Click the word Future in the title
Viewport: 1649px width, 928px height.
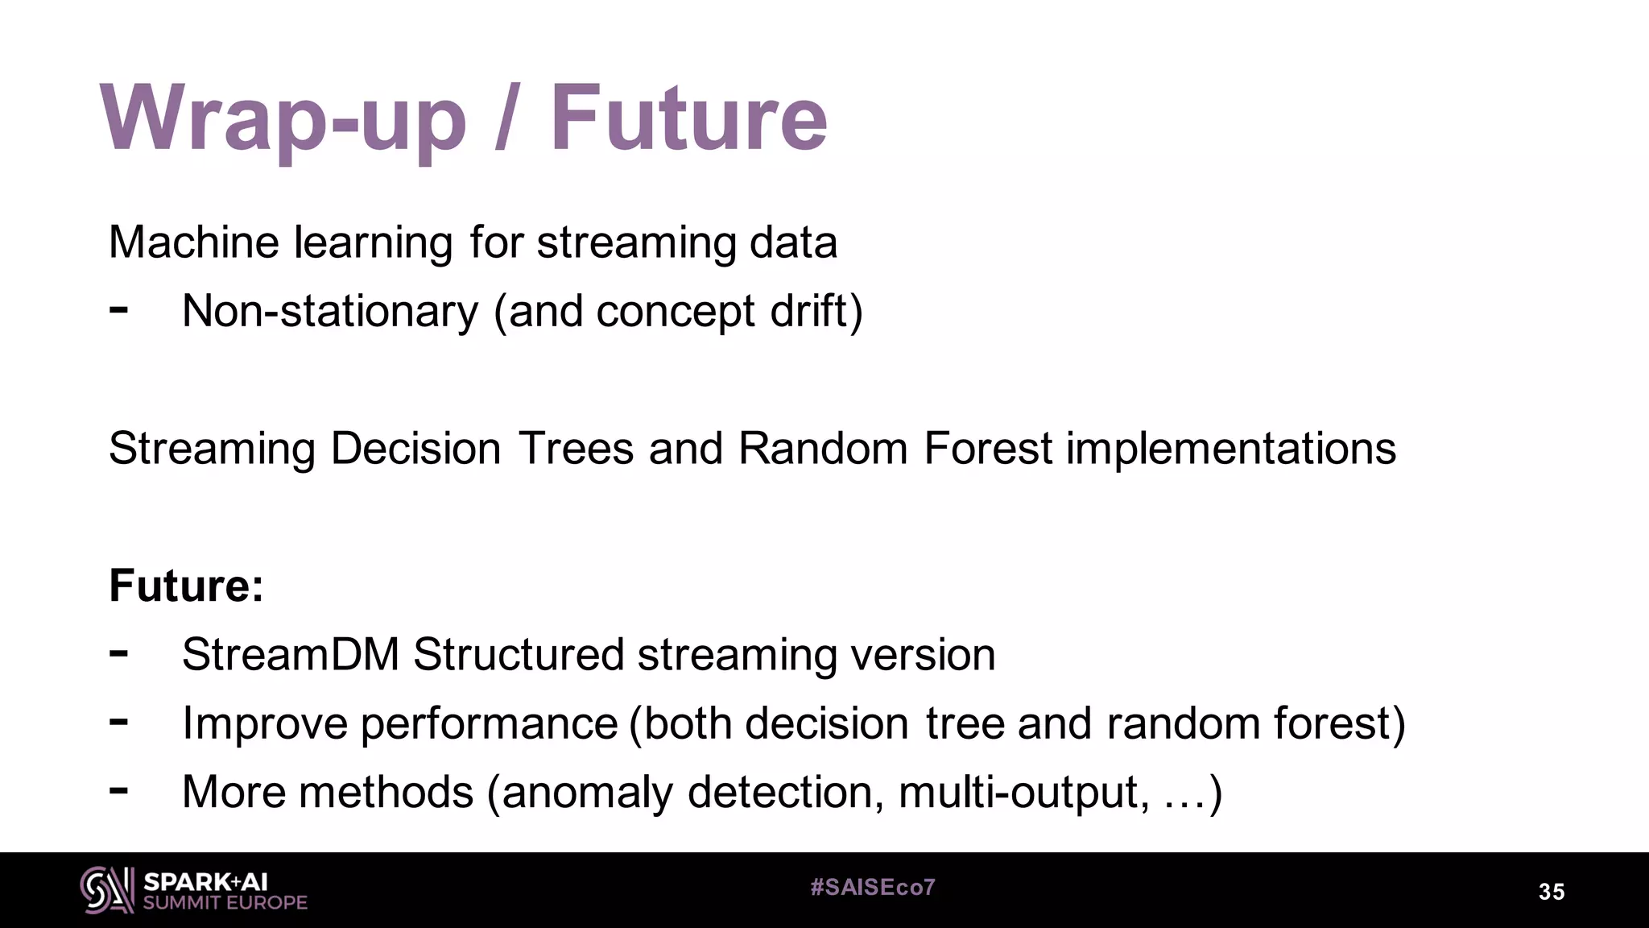(x=688, y=119)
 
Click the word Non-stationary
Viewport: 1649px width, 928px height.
(x=330, y=311)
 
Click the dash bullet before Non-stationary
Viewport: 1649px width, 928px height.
(x=118, y=309)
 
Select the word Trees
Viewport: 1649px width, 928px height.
(x=576, y=448)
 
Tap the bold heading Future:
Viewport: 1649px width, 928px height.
(x=186, y=586)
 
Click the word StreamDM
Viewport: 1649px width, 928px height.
(x=291, y=654)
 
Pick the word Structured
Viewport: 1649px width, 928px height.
(x=519, y=654)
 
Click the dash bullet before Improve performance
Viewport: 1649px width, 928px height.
(x=118, y=721)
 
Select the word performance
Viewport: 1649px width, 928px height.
(x=489, y=724)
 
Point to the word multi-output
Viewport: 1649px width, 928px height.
(x=1019, y=793)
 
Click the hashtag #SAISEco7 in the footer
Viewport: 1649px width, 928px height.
(x=872, y=888)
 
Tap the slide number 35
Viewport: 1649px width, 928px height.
(x=1551, y=892)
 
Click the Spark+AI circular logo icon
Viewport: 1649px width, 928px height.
(x=106, y=890)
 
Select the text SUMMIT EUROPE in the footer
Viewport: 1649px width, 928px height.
(x=225, y=903)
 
